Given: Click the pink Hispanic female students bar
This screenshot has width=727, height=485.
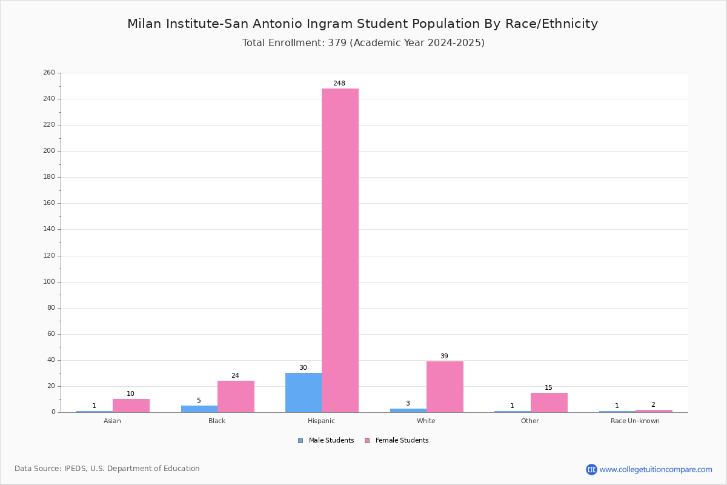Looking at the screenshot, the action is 340,250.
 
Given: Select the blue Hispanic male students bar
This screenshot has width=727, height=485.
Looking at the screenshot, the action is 304,393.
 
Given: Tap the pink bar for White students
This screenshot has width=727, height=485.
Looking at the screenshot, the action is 445,387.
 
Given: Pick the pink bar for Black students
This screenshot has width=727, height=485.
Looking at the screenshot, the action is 236,396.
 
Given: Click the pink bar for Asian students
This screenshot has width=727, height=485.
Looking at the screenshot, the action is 131,406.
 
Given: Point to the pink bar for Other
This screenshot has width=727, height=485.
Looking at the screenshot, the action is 549,403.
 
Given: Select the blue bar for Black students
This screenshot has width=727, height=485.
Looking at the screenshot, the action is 199,409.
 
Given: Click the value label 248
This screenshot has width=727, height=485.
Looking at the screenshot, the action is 339,83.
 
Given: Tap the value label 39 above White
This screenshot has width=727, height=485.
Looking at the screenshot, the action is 444,356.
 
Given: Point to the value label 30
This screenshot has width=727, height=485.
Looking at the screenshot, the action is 303,368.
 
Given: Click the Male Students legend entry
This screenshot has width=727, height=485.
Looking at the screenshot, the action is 326,441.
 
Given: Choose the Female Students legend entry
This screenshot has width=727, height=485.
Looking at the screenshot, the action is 397,441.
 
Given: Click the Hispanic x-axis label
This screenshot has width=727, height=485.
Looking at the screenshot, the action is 321,421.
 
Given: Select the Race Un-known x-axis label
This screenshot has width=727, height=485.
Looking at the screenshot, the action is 635,421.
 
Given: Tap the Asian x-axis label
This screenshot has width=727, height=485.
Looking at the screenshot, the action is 112,421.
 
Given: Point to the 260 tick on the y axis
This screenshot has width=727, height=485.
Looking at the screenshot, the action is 49,72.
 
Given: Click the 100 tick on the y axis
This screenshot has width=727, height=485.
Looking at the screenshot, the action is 49,282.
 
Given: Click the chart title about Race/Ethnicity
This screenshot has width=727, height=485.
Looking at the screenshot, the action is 362,24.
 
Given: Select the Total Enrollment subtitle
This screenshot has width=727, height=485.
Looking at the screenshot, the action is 363,43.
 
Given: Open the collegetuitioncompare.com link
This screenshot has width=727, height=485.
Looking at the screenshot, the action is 649,470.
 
